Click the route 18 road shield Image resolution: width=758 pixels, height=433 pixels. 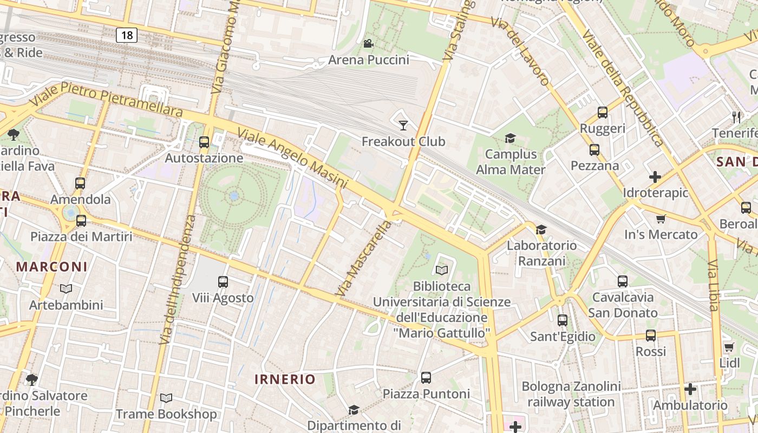tap(127, 36)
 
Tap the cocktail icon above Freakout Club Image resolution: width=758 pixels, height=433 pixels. tap(403, 126)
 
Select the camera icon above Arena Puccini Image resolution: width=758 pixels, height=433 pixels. tap(369, 44)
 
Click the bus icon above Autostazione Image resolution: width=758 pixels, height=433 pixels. tap(204, 142)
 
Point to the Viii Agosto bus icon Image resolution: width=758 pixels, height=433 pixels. tap(223, 282)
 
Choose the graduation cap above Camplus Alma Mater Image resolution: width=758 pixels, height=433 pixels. tap(510, 139)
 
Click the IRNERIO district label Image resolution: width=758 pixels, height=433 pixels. tap(285, 379)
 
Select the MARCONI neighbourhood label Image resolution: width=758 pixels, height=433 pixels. tap(51, 266)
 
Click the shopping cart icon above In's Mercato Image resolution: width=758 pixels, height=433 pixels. tap(661, 219)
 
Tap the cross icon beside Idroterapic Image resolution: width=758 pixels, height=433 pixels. tap(655, 177)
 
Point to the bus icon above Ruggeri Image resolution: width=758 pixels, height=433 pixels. tap(603, 113)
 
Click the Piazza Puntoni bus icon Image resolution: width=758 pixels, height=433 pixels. tap(426, 378)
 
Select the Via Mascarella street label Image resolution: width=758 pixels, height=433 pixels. tap(363, 258)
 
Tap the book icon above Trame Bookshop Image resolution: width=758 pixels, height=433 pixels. tap(166, 398)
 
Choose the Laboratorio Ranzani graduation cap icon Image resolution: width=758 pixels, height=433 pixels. tap(541, 230)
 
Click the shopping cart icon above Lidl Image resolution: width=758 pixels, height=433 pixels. tap(729, 347)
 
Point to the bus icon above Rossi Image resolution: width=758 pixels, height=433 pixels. tap(651, 336)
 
